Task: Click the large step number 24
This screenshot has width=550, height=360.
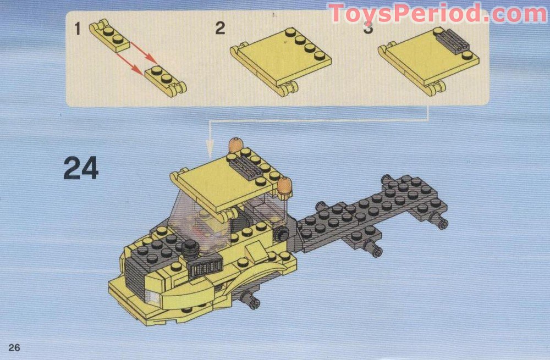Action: point(81,168)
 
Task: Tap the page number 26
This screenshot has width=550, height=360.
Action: point(14,347)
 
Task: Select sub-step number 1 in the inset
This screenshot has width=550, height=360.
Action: point(78,29)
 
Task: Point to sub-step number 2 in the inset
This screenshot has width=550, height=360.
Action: point(220,29)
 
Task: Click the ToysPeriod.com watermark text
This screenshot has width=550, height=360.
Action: point(437,14)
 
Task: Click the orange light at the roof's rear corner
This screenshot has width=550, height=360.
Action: point(235,146)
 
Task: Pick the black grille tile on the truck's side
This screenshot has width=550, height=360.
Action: point(204,270)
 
